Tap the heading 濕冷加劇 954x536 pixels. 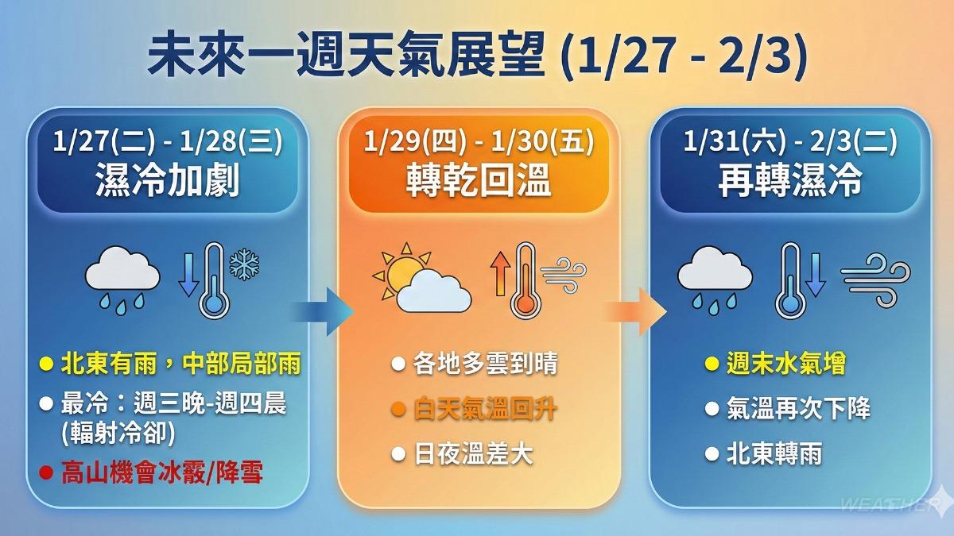click(x=168, y=182)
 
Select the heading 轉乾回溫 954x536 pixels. click(x=478, y=182)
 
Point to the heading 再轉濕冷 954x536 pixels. click(x=789, y=182)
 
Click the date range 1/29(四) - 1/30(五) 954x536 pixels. click(x=478, y=145)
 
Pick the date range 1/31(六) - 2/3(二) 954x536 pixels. click(x=789, y=145)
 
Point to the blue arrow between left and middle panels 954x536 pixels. click(x=321, y=310)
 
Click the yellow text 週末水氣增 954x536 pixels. click(x=785, y=364)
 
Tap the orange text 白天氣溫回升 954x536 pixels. click(x=485, y=410)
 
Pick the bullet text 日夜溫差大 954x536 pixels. click(x=473, y=455)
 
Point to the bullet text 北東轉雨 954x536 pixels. click(x=774, y=455)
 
